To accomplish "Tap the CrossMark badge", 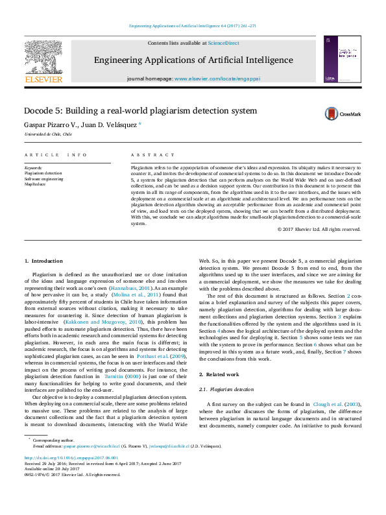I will (x=343, y=114).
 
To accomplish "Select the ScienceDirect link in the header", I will (x=223, y=43).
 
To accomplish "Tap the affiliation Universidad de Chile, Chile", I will (x=48, y=134).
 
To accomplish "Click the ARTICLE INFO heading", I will (x=55, y=156).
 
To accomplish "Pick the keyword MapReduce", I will (x=36, y=184).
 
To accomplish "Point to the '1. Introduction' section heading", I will (x=43, y=261).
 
